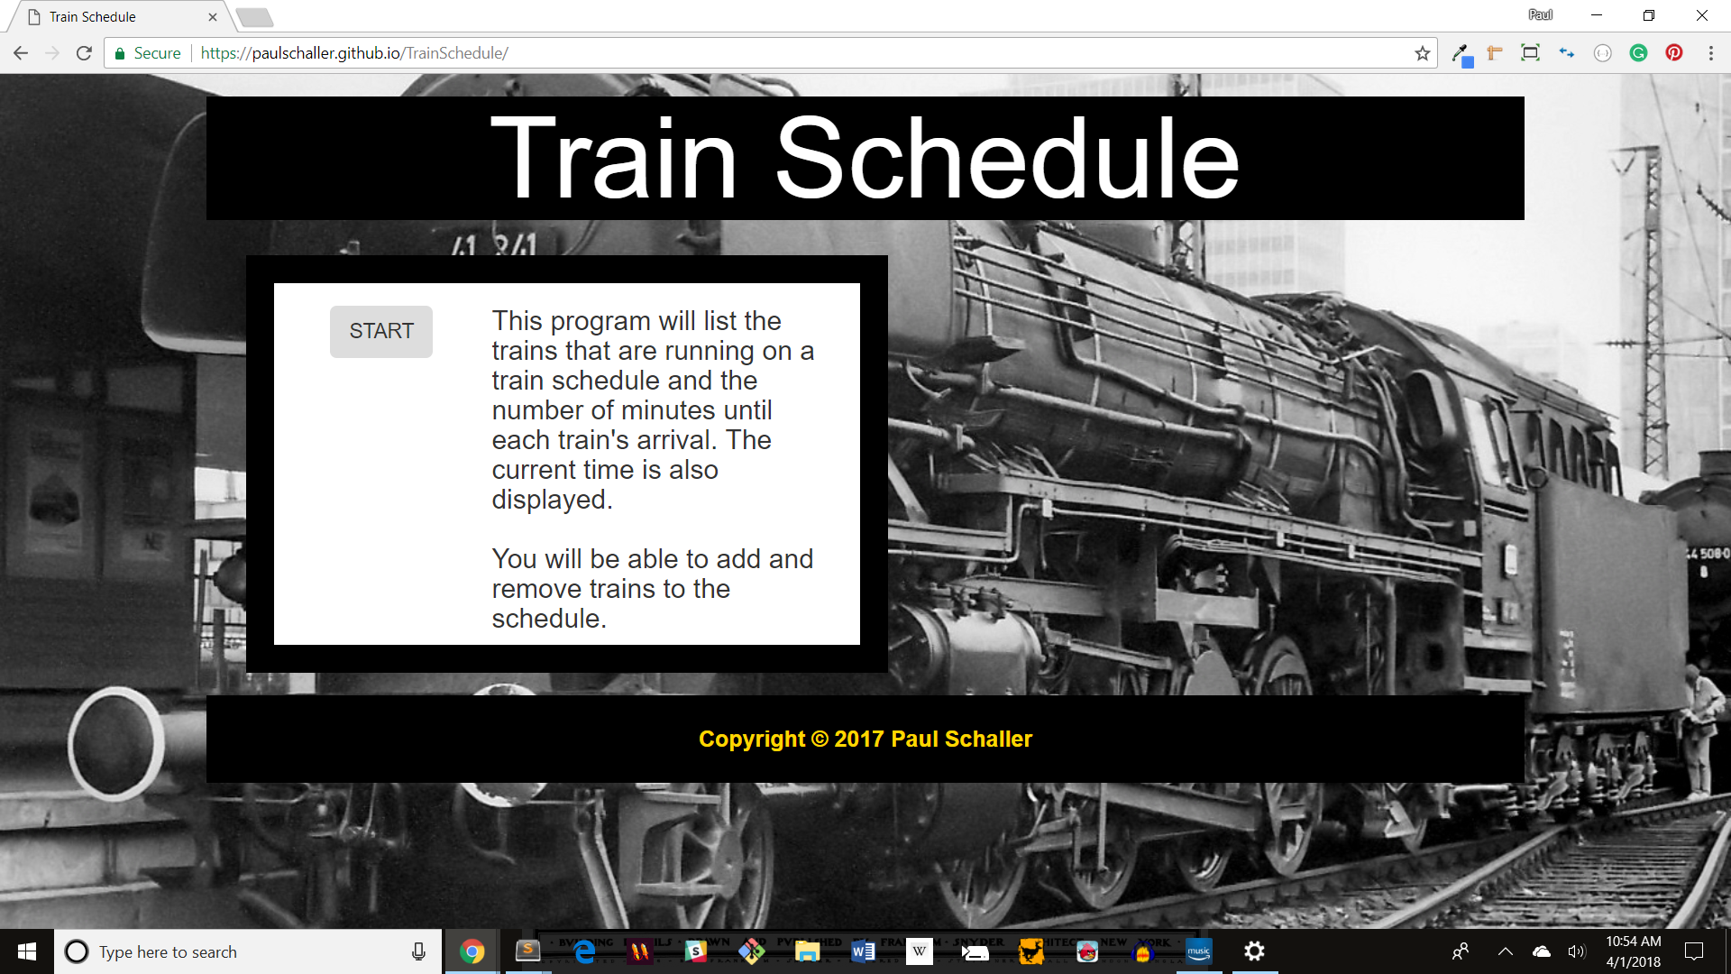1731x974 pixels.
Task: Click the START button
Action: (380, 331)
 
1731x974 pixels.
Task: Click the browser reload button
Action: (84, 53)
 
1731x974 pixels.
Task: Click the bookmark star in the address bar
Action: (1423, 53)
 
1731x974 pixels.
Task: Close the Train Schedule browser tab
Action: (213, 17)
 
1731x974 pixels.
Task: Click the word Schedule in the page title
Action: (1006, 159)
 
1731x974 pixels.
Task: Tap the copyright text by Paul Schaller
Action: (865, 739)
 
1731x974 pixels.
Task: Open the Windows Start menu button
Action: (27, 951)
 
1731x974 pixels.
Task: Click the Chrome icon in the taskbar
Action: (472, 951)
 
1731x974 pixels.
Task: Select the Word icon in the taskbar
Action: (863, 951)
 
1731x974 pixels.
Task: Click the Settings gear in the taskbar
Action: (1254, 951)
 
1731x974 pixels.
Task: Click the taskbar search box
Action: (234, 951)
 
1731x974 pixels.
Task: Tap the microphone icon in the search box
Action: (418, 951)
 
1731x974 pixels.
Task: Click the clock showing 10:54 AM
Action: (1633, 942)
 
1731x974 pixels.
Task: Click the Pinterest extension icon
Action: (1674, 53)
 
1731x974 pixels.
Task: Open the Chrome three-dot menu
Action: (1711, 53)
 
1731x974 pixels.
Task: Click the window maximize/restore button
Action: (1649, 15)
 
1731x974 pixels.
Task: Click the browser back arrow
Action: (21, 53)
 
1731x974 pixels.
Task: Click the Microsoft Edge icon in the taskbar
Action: (584, 951)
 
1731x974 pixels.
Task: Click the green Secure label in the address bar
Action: (157, 53)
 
